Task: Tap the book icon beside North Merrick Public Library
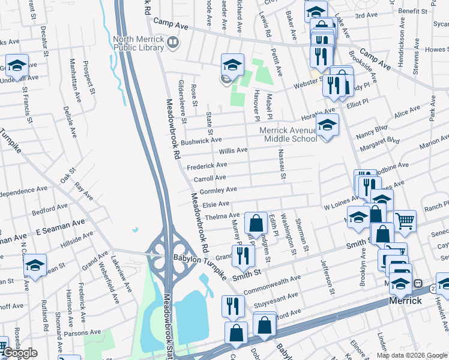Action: [173, 42]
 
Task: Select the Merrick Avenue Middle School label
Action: [288, 134]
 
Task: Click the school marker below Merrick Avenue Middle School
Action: [327, 126]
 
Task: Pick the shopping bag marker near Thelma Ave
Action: [256, 223]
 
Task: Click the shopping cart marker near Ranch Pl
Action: [405, 221]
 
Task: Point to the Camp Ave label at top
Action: [171, 22]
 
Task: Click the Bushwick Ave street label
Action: [201, 141]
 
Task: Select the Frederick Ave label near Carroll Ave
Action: [206, 165]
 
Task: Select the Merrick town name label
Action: [405, 301]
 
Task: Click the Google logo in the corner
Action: [19, 353]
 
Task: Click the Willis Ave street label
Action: [233, 151]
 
